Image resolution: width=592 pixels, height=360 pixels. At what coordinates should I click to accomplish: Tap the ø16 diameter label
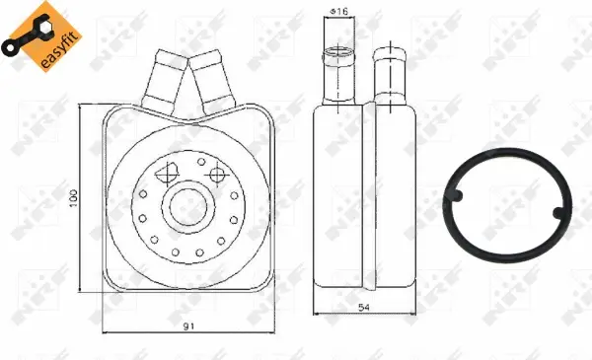point(338,12)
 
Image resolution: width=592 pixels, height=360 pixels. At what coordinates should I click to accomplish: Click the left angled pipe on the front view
point(160,80)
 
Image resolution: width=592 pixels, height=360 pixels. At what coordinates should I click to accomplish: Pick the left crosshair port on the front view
point(164,173)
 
